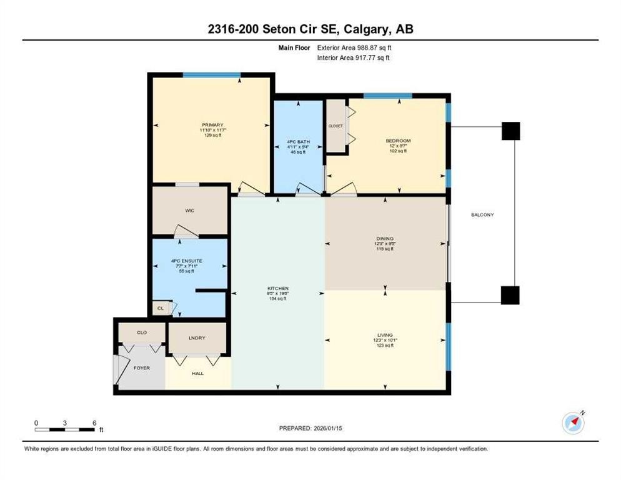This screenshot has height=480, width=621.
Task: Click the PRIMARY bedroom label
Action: point(212,125)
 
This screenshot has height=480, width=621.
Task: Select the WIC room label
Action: point(190,211)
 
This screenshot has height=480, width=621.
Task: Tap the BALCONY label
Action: point(482,215)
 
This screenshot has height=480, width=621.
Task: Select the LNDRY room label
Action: point(197,338)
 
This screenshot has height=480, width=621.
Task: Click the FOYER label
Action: point(141,368)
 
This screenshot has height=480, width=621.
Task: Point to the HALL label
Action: point(197,374)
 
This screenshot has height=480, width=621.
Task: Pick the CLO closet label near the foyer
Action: point(142,332)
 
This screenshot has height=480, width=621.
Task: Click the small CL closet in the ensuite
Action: point(160,308)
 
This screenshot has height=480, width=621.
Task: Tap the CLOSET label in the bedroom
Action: point(335,126)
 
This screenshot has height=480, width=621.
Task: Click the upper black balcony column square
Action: point(511,131)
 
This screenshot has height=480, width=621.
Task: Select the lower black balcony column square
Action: point(510,295)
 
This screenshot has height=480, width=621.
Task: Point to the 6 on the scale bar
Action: point(94,423)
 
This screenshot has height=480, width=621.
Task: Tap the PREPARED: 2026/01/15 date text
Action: point(310,428)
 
